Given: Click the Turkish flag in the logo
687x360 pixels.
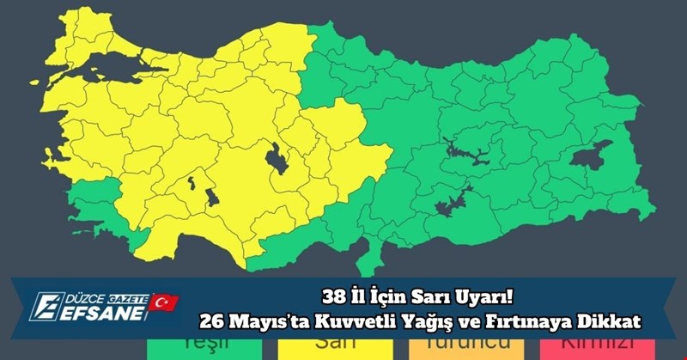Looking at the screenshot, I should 163,302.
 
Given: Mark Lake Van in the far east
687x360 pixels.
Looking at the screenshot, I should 592,155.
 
